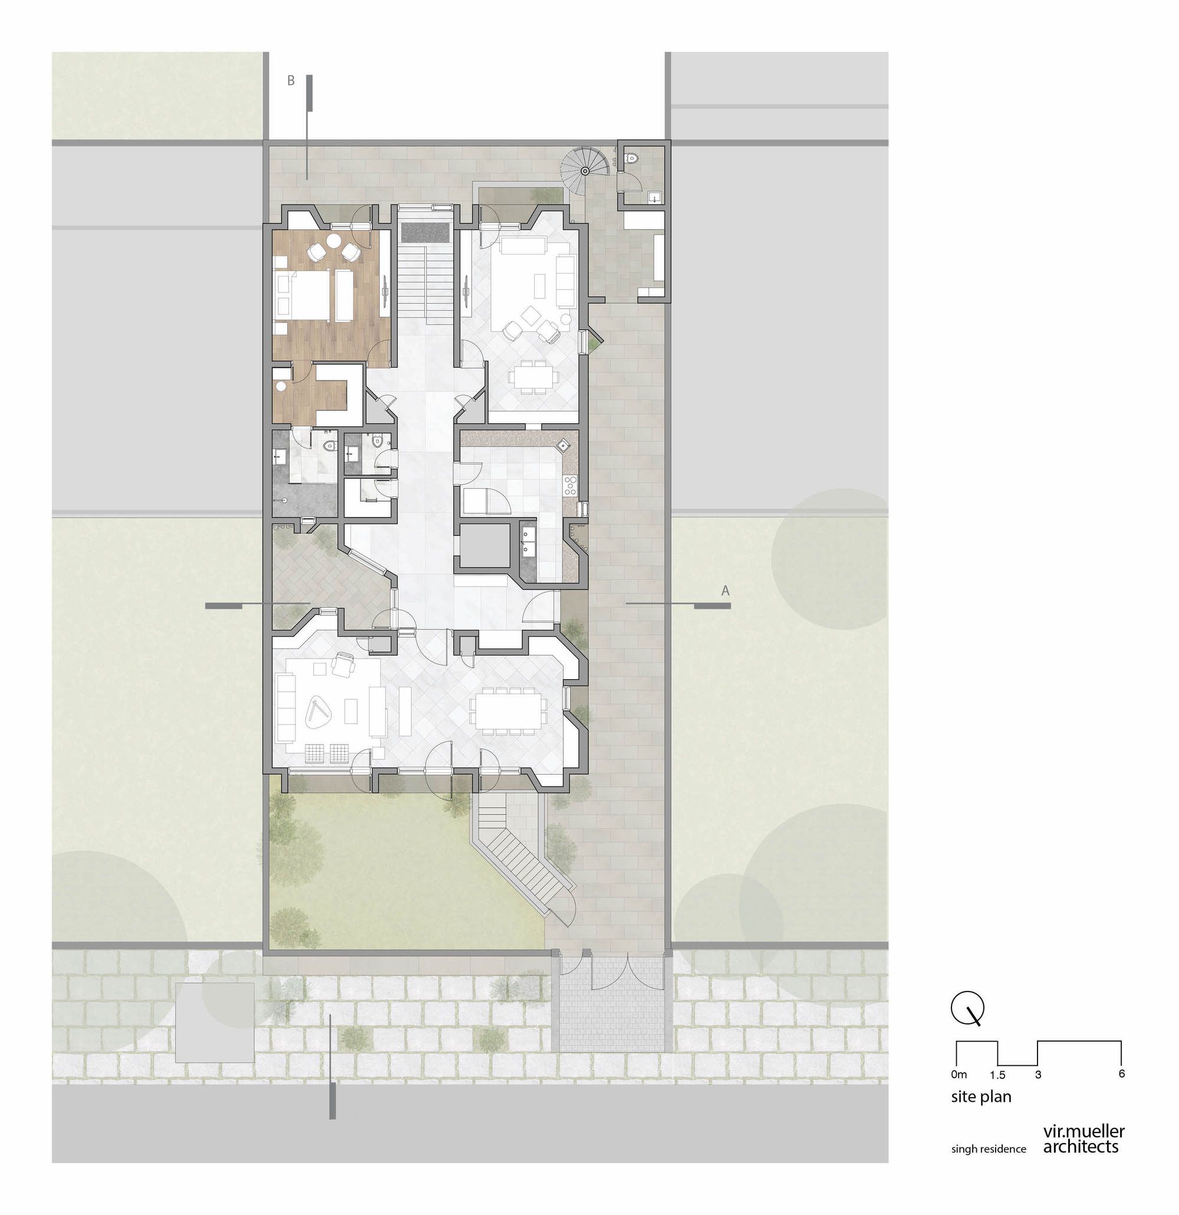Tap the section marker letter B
[x=291, y=81]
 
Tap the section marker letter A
[x=724, y=591]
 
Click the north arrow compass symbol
[x=967, y=1009]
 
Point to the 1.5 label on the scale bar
[x=997, y=1075]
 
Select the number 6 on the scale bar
[x=1121, y=1074]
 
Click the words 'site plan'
[x=982, y=1097]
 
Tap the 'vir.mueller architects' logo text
[x=1084, y=1140]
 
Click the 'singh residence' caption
[x=989, y=1148]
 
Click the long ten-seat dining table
[x=508, y=709]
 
